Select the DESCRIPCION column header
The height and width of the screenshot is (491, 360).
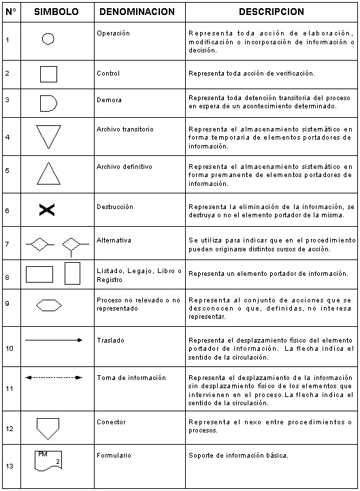[x=271, y=12]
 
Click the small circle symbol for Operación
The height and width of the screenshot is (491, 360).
[x=48, y=39]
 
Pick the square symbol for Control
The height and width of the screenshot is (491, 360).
[x=48, y=74]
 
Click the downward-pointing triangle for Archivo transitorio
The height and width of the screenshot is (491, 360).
[x=49, y=135]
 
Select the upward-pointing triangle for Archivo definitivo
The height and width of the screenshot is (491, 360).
[x=49, y=174]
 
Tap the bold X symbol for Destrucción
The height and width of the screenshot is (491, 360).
[x=46, y=211]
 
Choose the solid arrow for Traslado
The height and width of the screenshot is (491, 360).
[x=54, y=340]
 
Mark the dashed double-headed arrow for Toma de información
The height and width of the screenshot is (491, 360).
[x=54, y=377]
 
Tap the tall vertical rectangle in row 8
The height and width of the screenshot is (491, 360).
[x=72, y=273]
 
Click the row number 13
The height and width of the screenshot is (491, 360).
[x=9, y=466]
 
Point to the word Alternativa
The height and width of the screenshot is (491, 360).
[x=114, y=240]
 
